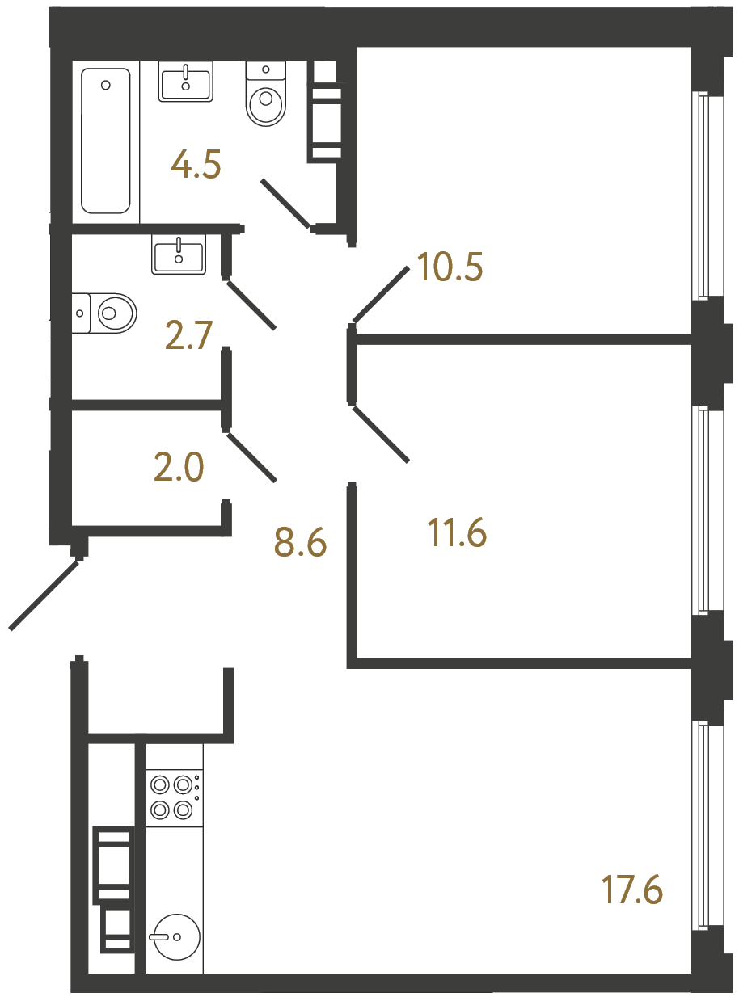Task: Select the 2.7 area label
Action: [188, 334]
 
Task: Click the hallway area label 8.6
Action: [300, 543]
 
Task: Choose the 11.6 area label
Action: [457, 533]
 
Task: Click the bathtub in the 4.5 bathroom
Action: [106, 141]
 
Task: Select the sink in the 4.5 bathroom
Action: [186, 82]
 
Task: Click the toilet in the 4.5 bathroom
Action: [266, 96]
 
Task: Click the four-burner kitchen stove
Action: [174, 797]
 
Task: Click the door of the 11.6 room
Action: [381, 434]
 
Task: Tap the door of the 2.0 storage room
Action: [252, 458]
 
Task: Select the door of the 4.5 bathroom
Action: [285, 203]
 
